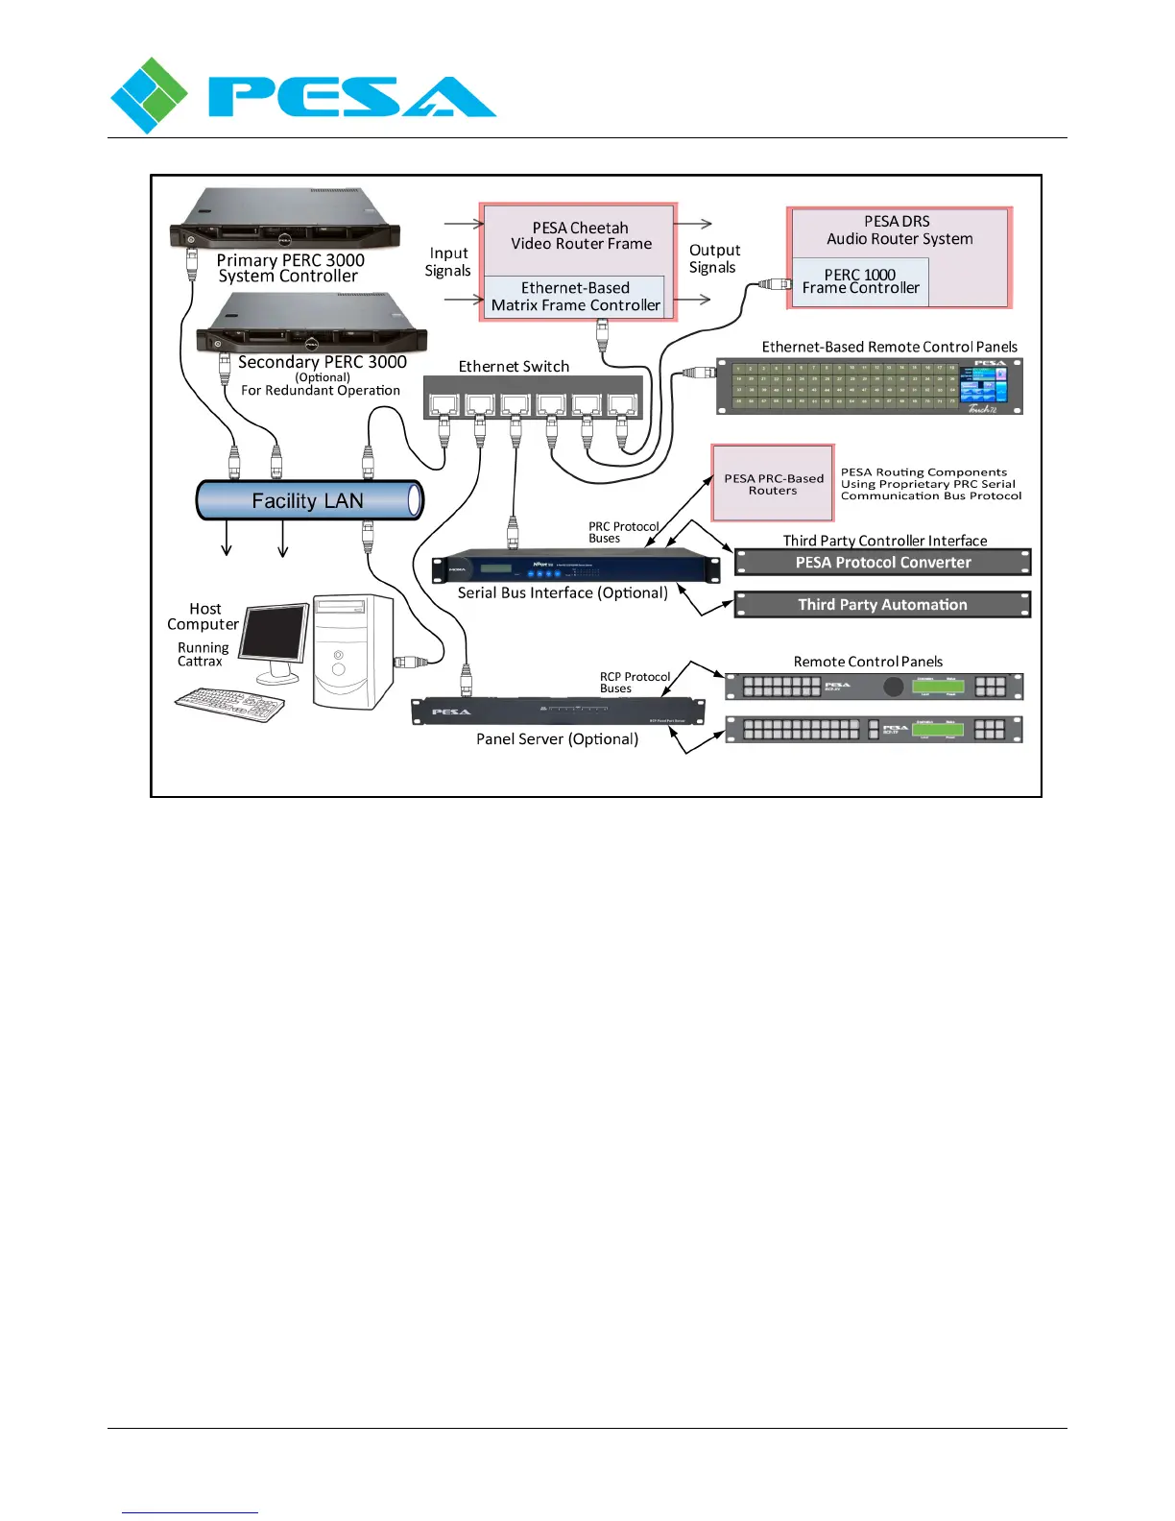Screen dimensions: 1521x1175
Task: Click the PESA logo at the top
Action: point(302,96)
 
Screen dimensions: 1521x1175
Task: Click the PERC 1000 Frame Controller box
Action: point(860,281)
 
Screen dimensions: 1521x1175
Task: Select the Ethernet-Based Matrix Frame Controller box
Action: point(575,297)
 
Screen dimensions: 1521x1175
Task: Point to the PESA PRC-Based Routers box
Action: point(773,483)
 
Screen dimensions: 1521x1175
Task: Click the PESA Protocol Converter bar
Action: point(882,563)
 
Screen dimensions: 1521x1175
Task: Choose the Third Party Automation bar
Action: point(882,605)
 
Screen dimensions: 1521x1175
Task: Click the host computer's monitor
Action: point(276,639)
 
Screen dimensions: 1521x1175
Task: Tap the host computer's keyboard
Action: point(230,704)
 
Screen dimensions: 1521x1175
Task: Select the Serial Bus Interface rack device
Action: point(575,567)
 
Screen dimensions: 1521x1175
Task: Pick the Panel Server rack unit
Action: point(558,712)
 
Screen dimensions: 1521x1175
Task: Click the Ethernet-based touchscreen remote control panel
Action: point(870,386)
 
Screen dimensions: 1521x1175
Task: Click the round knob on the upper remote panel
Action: point(894,687)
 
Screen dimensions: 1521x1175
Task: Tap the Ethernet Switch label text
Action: point(514,367)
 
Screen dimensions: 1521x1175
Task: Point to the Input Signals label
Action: point(448,262)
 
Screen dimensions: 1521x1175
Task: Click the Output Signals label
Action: point(714,259)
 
